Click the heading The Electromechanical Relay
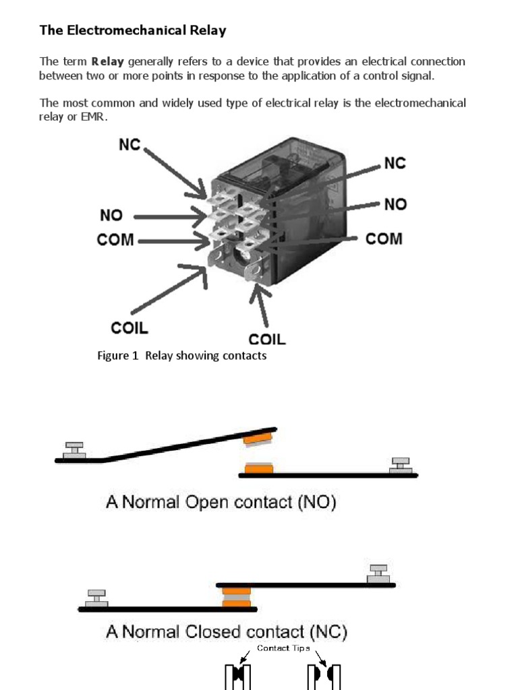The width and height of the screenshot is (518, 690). coord(133,30)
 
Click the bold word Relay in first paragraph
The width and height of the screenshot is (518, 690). coord(107,62)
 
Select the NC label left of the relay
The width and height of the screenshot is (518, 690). coord(129,145)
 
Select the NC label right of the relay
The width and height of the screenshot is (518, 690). coord(395,163)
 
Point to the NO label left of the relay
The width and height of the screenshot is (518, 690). coord(111,216)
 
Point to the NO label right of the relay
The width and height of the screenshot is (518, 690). coord(395,203)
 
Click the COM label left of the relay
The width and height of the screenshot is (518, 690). coord(116,241)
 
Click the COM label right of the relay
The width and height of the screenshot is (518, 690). coord(384,239)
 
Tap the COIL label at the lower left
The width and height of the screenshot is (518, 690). coord(129,328)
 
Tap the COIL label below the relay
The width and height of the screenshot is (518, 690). coord(267,338)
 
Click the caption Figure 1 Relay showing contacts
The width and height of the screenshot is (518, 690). coord(182,356)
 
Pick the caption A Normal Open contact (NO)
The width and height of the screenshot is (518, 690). coord(221,503)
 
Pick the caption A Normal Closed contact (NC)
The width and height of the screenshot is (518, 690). coord(226,632)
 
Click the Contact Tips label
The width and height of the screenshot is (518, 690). coord(283,648)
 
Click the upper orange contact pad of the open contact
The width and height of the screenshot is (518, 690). coord(257,439)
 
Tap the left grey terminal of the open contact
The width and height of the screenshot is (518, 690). coord(74,451)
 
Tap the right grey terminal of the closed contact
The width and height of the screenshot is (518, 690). coord(378,574)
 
